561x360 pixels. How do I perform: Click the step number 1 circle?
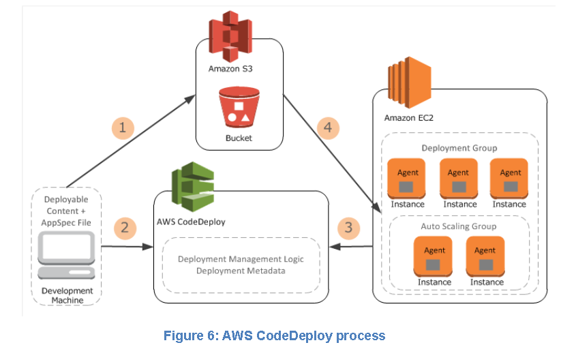point(123,127)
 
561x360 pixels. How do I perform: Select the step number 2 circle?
point(124,227)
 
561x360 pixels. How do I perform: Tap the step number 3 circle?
point(348,227)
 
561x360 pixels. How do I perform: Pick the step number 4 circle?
point(328,127)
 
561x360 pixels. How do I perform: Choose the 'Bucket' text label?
point(239,138)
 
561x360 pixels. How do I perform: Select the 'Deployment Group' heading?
point(459,148)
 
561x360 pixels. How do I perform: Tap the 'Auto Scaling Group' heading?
point(459,226)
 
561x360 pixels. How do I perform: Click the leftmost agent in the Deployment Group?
point(408,178)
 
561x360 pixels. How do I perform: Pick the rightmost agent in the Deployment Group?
point(510,178)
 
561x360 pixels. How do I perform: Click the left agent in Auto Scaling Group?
point(434,256)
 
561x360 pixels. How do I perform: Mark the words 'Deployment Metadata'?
point(241,271)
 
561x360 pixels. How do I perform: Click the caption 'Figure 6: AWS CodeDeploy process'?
point(274,335)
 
